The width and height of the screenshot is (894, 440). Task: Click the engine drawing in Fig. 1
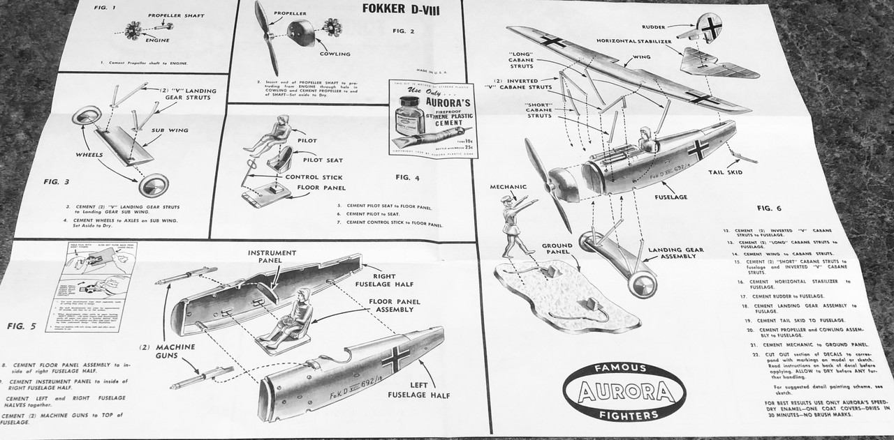(x=134, y=30)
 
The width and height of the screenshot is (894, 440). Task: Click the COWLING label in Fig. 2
(x=335, y=54)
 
